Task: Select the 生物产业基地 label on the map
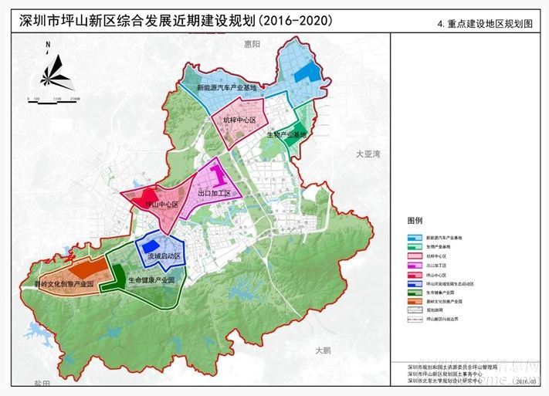click(x=286, y=134)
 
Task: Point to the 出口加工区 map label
click(x=215, y=194)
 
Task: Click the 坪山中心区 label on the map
click(x=161, y=205)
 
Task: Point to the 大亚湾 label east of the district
click(x=368, y=154)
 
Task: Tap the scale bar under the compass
click(x=53, y=100)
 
